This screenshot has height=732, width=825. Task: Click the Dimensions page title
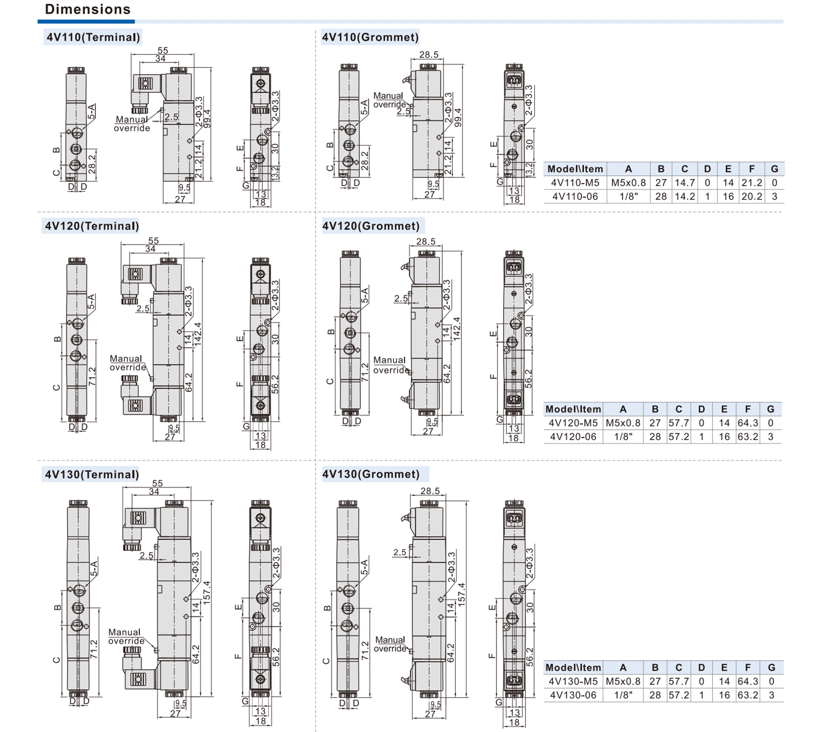tap(88, 9)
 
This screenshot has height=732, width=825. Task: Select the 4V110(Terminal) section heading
tap(93, 37)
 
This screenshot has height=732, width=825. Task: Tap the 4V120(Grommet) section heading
tap(371, 226)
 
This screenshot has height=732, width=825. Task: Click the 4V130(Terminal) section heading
tap(92, 475)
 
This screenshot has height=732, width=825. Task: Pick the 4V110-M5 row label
tap(575, 183)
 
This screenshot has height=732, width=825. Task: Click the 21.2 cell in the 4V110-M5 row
tap(751, 183)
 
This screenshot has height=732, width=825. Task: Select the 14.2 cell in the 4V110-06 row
tap(685, 197)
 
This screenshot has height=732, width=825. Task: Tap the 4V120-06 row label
tap(573, 437)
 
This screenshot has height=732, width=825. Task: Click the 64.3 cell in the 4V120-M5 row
tap(748, 423)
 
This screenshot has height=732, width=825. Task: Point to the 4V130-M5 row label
tap(573, 681)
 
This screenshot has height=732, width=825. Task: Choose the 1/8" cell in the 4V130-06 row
tap(623, 695)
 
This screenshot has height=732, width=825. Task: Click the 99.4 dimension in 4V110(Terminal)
tap(207, 119)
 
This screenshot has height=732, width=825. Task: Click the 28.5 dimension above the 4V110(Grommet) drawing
tap(428, 55)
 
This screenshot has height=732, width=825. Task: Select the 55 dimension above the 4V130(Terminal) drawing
tap(157, 483)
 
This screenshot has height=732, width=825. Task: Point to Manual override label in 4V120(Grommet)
tap(390, 365)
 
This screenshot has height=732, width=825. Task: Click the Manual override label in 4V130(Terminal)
tap(125, 637)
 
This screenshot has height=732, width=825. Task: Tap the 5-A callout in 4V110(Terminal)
tap(91, 112)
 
